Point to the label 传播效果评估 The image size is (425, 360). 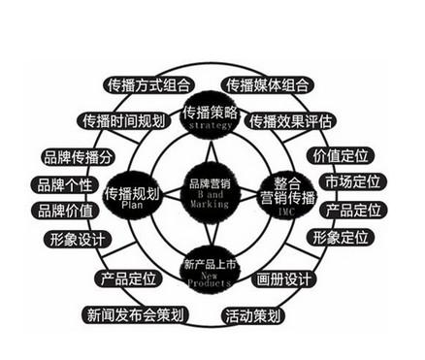click(x=290, y=121)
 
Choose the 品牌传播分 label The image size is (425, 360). click(x=79, y=155)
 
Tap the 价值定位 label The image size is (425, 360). click(x=339, y=155)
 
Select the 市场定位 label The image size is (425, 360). click(x=351, y=182)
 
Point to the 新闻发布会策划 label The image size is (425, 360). click(x=134, y=314)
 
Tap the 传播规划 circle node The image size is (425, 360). click(x=133, y=199)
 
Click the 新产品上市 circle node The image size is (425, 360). click(x=212, y=272)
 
